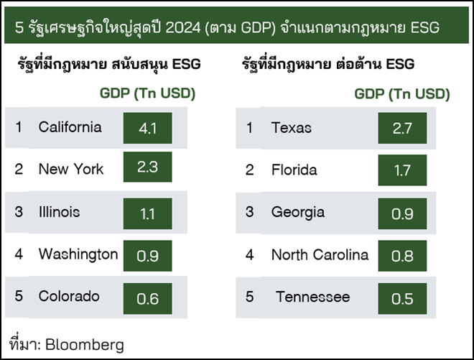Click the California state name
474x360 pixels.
pyautogui.click(x=70, y=127)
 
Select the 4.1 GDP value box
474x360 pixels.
pyautogui.click(x=147, y=128)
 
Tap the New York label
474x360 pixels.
pyautogui.click(x=71, y=169)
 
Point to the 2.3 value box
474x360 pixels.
pyautogui.click(x=147, y=167)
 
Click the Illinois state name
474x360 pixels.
pyautogui.click(x=59, y=212)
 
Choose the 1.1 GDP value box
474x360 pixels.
pyautogui.click(x=147, y=213)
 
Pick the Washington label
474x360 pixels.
pyautogui.click(x=78, y=254)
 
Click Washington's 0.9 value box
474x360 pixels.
pyautogui.click(x=147, y=256)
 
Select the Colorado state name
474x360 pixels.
pyautogui.click(x=69, y=296)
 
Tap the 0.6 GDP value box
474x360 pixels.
pyautogui.click(x=147, y=299)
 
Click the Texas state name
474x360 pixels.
pyautogui.click(x=292, y=128)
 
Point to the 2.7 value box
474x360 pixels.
pyautogui.click(x=402, y=129)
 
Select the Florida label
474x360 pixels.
pyautogui.click(x=294, y=170)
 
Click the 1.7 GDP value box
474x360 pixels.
pyautogui.click(x=402, y=170)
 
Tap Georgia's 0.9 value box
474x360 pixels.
pyautogui.click(x=402, y=213)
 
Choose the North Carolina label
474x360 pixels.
pyautogui.click(x=320, y=254)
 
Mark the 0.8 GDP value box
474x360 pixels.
pyautogui.click(x=402, y=256)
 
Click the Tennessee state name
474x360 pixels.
pyautogui.click(x=313, y=297)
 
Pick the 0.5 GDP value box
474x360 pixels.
pyautogui.click(x=402, y=299)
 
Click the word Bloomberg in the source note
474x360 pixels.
pyautogui.click(x=85, y=345)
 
